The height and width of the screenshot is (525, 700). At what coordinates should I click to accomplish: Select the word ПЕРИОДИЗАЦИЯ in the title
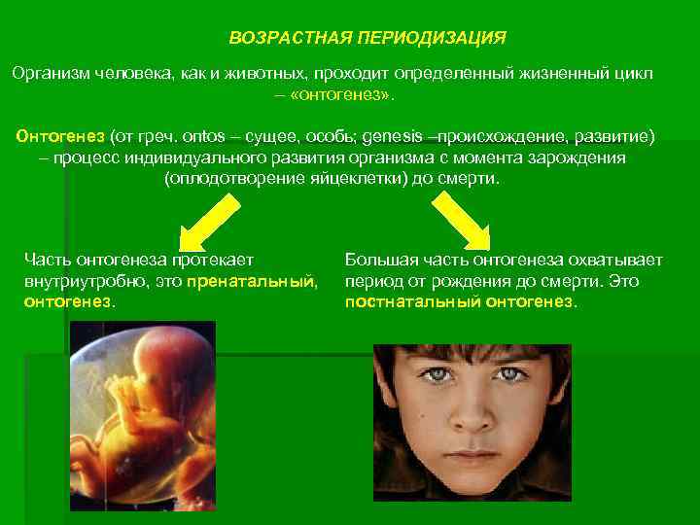coord(432,38)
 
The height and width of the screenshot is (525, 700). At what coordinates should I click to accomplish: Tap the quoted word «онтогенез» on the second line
coord(343,95)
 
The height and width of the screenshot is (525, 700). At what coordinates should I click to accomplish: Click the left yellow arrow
coord(207,219)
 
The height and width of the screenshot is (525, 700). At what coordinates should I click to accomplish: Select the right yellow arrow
coord(466,219)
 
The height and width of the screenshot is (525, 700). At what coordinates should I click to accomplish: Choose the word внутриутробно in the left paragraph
coord(73,281)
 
